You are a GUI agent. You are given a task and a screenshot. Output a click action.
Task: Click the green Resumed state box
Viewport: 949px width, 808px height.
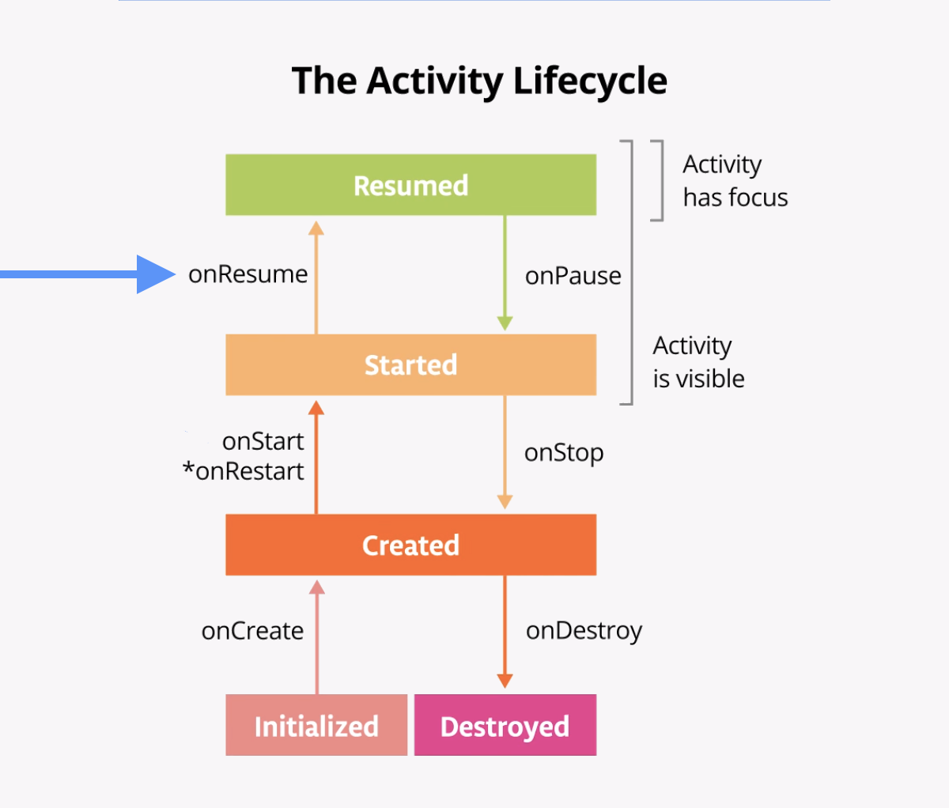(x=410, y=185)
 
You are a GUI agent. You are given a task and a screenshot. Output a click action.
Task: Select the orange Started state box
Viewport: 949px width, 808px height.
(x=410, y=364)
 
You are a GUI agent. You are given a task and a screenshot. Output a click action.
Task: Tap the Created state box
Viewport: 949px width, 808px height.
(x=410, y=545)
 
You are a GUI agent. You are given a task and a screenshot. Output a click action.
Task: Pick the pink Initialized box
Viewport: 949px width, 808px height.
(x=316, y=725)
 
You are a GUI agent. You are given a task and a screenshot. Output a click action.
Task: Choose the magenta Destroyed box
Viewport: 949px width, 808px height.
(x=505, y=725)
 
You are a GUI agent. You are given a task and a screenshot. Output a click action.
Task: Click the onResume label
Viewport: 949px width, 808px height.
(x=248, y=274)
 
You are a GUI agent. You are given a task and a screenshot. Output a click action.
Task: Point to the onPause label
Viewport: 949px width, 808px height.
(x=573, y=276)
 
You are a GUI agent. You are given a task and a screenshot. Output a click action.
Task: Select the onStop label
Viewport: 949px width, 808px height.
(x=563, y=453)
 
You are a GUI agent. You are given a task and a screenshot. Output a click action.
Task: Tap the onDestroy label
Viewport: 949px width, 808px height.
(x=584, y=631)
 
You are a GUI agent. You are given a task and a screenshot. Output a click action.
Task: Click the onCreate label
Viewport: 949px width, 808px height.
(x=252, y=631)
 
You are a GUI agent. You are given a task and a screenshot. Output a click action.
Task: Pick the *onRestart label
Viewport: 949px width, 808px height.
(x=243, y=471)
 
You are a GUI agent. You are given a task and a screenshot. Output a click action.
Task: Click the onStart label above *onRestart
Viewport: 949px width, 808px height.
(x=263, y=441)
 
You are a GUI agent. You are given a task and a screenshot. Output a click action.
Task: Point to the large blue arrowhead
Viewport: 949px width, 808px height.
(x=155, y=274)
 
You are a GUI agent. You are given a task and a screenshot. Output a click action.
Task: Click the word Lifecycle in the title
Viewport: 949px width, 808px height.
(x=589, y=81)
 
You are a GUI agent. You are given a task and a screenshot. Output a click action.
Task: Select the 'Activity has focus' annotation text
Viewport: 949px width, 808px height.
(x=735, y=181)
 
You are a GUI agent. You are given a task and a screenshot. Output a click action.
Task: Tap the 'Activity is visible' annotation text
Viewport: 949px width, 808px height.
(x=698, y=362)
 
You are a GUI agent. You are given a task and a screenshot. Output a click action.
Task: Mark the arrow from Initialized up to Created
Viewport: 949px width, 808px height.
(x=317, y=636)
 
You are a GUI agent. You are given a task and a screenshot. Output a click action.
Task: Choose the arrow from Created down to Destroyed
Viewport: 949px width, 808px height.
(x=505, y=632)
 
